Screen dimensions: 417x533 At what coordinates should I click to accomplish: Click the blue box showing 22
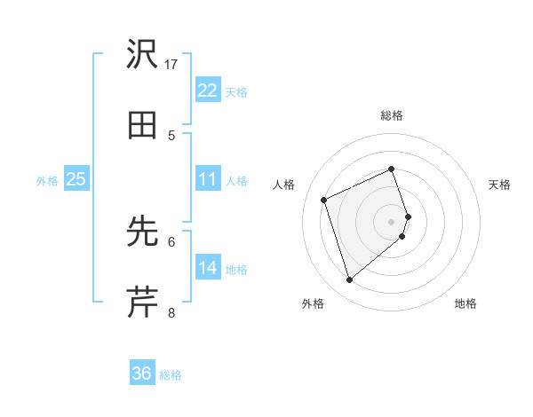point(207,90)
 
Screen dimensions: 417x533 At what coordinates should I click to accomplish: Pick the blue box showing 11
point(207,179)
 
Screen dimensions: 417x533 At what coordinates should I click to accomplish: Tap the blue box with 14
point(207,268)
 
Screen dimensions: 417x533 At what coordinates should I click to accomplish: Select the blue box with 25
point(76,179)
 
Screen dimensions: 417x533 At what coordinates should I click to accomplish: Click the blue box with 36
point(141,374)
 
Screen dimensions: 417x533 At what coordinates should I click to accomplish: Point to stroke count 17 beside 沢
point(171,65)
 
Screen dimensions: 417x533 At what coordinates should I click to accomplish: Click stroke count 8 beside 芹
point(171,312)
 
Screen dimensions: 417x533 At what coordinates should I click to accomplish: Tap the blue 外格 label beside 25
point(47,181)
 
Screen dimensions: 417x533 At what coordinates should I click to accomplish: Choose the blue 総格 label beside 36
point(171,375)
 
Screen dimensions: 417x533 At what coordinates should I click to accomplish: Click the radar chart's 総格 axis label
point(392,115)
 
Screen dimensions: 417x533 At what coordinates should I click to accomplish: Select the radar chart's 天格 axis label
point(500,185)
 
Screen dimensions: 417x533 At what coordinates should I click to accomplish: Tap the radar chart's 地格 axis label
point(465,304)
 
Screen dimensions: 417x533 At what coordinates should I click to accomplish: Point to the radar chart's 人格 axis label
point(283,185)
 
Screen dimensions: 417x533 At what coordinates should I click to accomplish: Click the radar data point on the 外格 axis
point(349,280)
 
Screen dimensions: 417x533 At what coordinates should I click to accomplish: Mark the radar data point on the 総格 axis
point(392,169)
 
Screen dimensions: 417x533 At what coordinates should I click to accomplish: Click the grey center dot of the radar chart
point(392,221)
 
